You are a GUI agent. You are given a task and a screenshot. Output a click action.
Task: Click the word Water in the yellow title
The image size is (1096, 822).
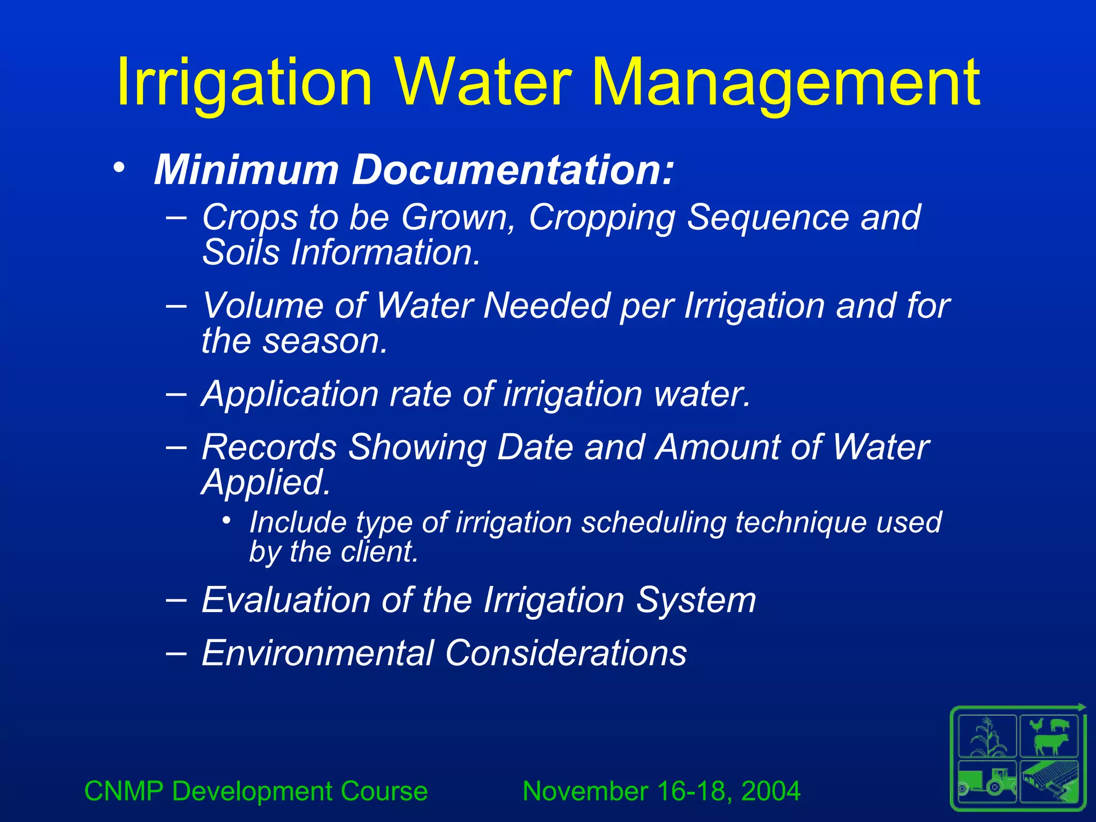pyautogui.click(x=485, y=83)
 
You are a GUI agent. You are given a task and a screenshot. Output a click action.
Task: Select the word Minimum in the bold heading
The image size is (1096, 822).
pyautogui.click(x=246, y=170)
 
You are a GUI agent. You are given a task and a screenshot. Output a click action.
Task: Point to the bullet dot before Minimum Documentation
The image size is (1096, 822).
pyautogui.click(x=119, y=168)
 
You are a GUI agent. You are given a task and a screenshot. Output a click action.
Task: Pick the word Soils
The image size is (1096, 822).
pyautogui.click(x=240, y=252)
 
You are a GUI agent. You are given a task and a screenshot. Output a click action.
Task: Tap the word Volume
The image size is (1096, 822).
pyautogui.click(x=262, y=306)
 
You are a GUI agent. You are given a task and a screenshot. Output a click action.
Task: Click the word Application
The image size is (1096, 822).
pyautogui.click(x=290, y=394)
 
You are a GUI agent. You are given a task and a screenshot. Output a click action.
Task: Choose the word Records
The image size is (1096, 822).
pyautogui.click(x=269, y=447)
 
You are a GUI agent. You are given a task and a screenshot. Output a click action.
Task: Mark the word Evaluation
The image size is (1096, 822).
pyautogui.click(x=285, y=599)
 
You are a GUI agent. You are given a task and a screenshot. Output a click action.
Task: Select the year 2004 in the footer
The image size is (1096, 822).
pyautogui.click(x=771, y=791)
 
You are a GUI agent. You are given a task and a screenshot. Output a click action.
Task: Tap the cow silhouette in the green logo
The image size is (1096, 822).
pyautogui.click(x=1050, y=743)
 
